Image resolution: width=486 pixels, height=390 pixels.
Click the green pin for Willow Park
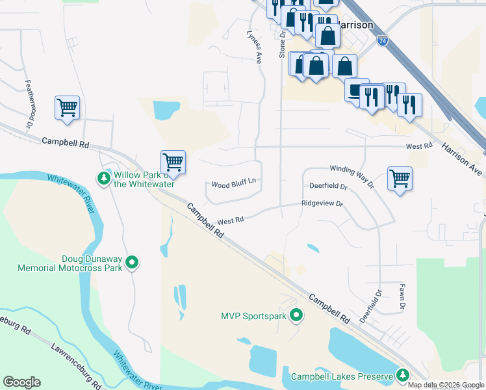click(103, 177)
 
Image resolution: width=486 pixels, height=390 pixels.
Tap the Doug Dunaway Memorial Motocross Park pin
click(132, 263)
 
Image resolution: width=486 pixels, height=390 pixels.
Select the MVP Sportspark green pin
click(296, 316)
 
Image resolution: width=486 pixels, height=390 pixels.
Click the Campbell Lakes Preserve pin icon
click(403, 376)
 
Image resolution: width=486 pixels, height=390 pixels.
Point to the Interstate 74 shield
click(383, 41)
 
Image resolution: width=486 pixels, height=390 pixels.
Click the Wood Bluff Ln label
click(233, 185)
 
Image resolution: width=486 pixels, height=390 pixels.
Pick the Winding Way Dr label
click(352, 175)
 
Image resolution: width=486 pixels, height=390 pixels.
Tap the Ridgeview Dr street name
click(322, 203)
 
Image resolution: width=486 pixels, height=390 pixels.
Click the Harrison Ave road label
click(463, 158)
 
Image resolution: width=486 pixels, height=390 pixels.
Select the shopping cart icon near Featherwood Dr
click(68, 107)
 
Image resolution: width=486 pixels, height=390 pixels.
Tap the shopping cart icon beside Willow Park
click(173, 161)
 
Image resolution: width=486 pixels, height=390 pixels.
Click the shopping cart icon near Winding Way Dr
click(400, 178)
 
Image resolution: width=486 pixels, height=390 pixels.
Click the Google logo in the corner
click(21, 382)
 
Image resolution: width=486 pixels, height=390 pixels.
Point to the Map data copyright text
click(446, 385)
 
